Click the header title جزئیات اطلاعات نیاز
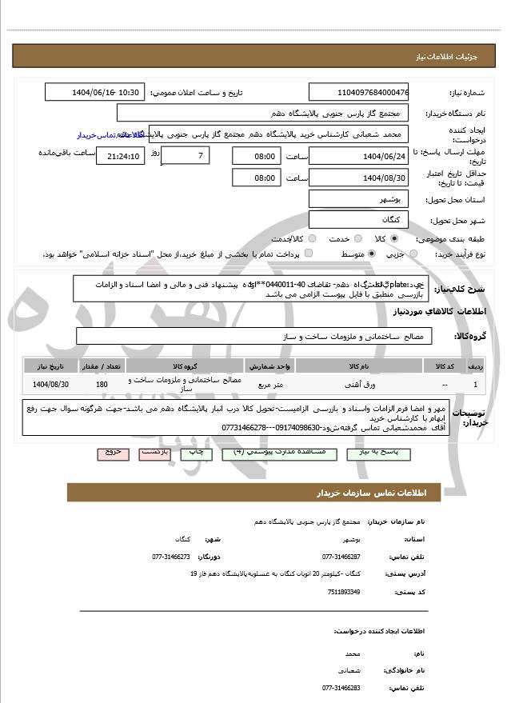(453, 58)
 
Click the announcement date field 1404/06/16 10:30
(96, 93)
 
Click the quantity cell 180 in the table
(102, 385)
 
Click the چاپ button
(194, 452)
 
